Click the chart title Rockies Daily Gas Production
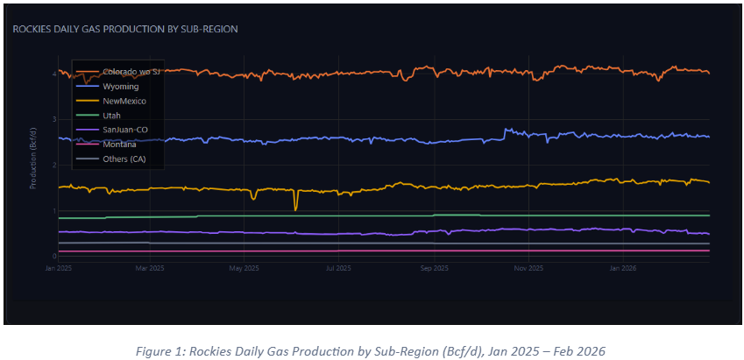coord(125,29)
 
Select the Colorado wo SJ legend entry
coord(131,71)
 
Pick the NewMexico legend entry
coord(124,101)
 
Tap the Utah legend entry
coord(111,115)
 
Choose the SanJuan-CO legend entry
coord(124,130)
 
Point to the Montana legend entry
coord(119,144)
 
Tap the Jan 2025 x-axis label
coord(59,266)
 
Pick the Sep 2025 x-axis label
coord(434,266)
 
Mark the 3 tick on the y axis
coord(54,119)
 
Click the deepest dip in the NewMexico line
coord(295,209)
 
